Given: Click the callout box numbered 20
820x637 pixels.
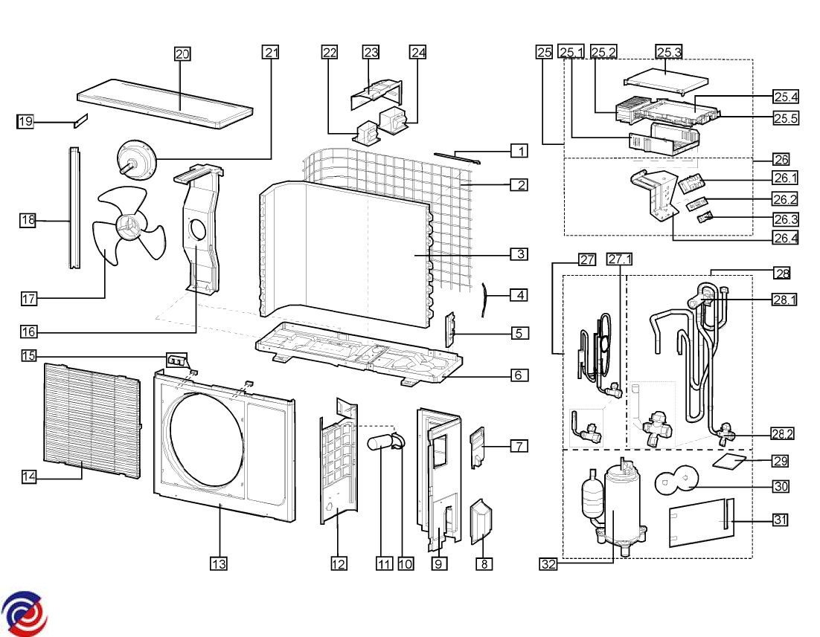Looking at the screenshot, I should (x=182, y=54).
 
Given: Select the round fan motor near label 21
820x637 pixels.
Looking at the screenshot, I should (x=138, y=160).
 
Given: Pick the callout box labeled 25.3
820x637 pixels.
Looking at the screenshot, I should (x=668, y=51).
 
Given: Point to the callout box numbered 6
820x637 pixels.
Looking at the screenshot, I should (x=519, y=375).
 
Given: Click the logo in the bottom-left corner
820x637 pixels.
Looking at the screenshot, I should (x=24, y=614).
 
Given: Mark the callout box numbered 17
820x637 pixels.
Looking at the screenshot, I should (x=29, y=299).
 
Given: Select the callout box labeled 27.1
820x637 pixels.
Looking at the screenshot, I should (x=619, y=259).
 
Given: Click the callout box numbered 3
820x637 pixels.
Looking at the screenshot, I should (x=519, y=254).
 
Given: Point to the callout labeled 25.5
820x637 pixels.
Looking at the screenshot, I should (x=785, y=118).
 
